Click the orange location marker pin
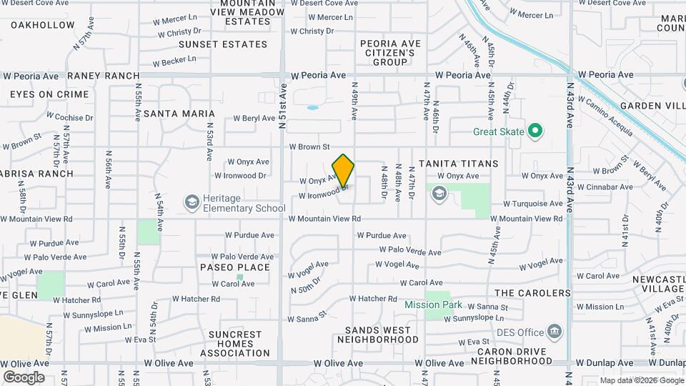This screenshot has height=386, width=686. pos(343,170)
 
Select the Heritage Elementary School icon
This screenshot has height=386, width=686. pos(191,202)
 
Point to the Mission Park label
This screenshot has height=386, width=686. pos(433,305)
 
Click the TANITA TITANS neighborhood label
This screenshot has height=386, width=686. pos(458,164)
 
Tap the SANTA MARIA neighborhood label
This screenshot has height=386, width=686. pos(179,114)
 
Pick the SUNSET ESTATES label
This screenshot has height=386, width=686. pos(223,44)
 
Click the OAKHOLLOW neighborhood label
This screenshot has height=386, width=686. pos(43,25)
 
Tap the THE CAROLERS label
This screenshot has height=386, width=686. pos(532,293)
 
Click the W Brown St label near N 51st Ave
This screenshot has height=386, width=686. pos(309,147)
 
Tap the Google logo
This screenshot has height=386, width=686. pos(24,377)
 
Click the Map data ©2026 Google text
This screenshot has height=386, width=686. pos(639,380)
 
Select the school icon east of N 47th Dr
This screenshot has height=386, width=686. pos(438,192)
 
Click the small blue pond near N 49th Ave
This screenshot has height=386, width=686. pos(312,108)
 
